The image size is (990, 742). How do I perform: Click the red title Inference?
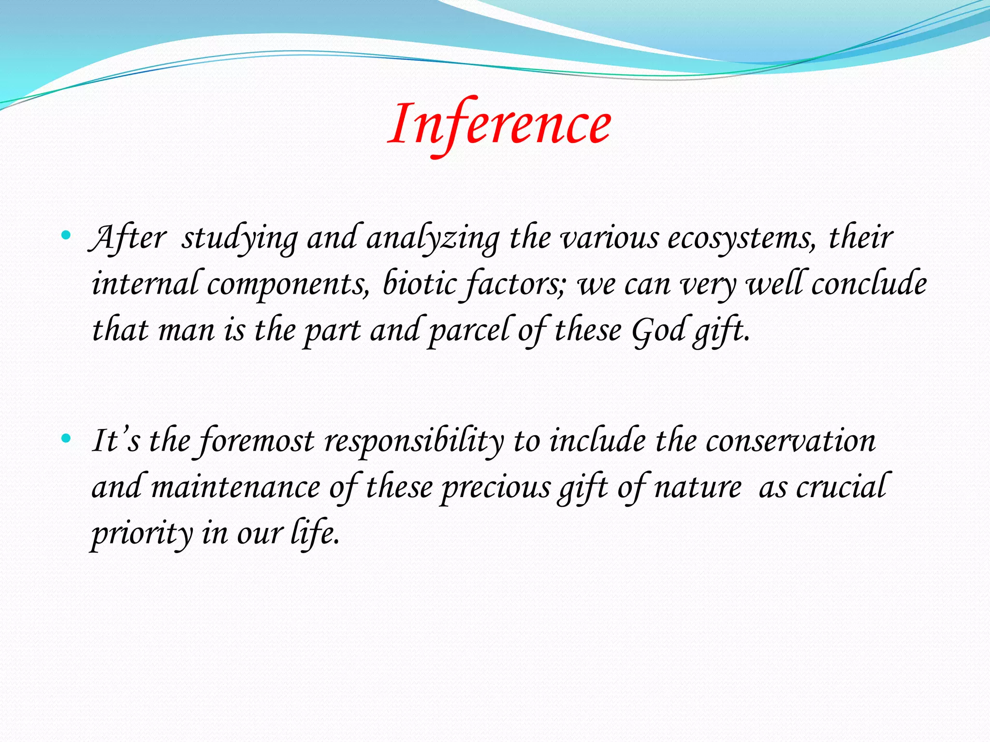coord(500,125)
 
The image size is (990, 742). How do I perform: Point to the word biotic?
coord(419,284)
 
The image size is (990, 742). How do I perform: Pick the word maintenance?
coord(235,487)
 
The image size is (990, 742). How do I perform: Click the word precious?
coord(496,487)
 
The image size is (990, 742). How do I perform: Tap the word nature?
coord(698,487)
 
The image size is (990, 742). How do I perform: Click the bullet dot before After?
coord(66,236)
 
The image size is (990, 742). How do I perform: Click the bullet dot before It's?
coord(66,439)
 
